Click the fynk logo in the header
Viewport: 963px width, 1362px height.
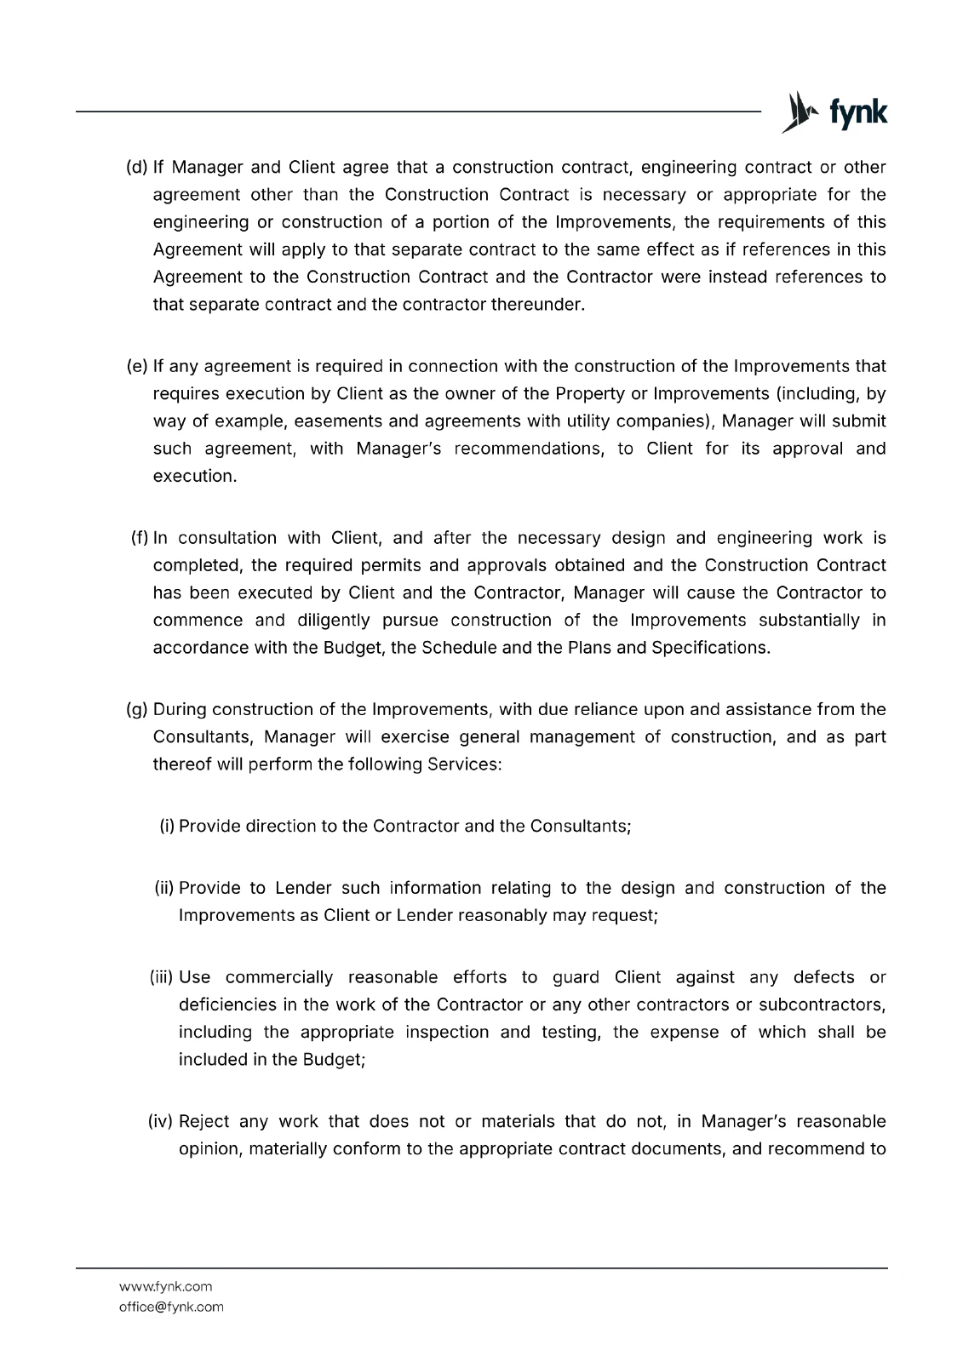[x=834, y=112]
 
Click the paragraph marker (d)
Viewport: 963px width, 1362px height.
[x=136, y=168]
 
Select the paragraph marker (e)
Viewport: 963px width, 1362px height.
[x=136, y=367]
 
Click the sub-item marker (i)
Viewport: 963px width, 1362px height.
[x=167, y=827]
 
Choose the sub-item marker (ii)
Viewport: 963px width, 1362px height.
[x=164, y=889]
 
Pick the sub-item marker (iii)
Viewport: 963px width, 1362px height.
[x=162, y=977]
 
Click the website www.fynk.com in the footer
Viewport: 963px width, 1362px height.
[x=165, y=1286]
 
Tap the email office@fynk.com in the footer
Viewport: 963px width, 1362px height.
[x=171, y=1307]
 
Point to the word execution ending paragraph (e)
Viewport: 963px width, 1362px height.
[x=194, y=477]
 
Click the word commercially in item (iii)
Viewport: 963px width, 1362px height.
[x=279, y=977]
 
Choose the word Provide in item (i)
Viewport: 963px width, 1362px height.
[x=209, y=827]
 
